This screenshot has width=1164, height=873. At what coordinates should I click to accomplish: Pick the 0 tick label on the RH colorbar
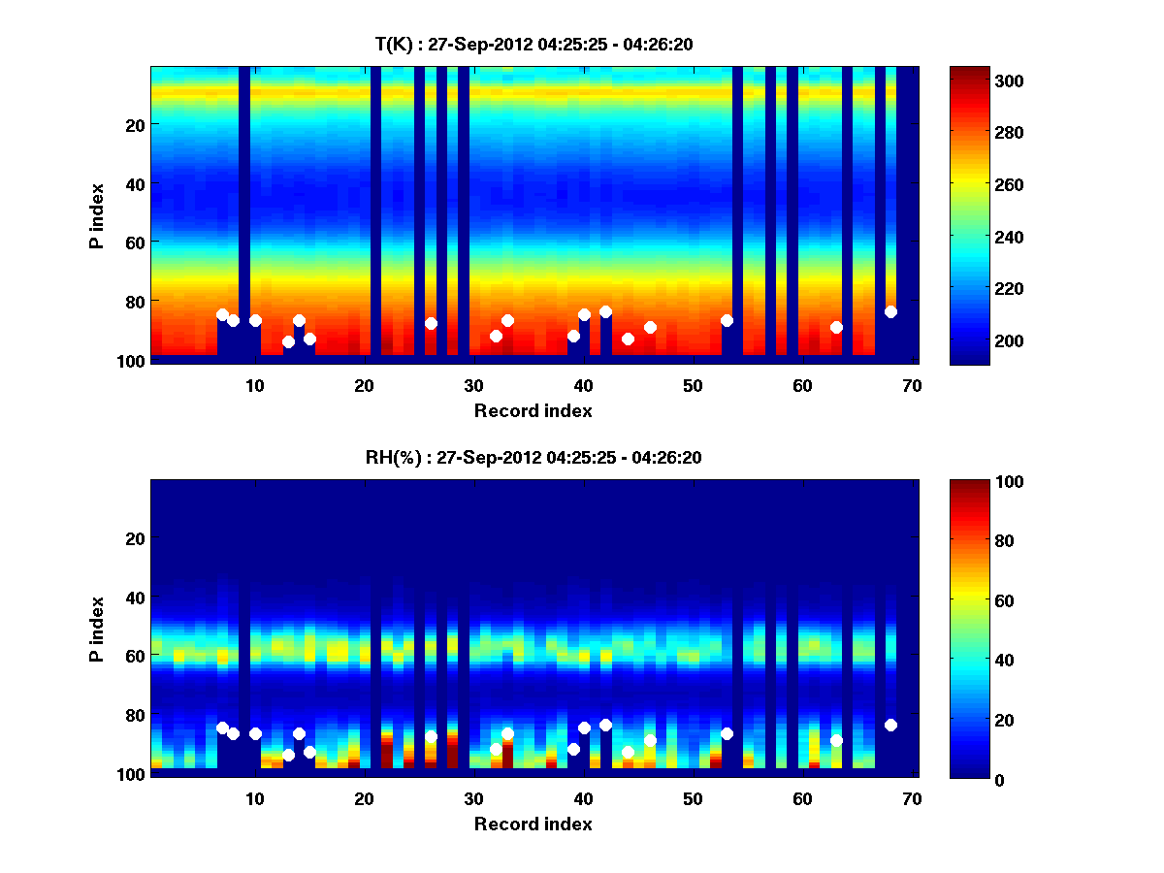[x=962, y=778]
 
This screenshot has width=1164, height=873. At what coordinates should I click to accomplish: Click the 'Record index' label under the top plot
[x=533, y=410]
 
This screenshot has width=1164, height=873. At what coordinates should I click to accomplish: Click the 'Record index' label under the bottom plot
[x=533, y=824]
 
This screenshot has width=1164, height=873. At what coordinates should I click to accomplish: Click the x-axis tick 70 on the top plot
[x=912, y=385]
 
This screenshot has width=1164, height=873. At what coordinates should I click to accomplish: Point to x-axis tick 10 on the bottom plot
[x=255, y=798]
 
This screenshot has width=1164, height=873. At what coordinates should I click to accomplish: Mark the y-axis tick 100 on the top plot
[x=133, y=361]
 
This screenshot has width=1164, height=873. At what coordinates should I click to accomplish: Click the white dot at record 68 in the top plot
[x=890, y=311]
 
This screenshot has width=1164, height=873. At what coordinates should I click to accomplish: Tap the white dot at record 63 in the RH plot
[x=836, y=740]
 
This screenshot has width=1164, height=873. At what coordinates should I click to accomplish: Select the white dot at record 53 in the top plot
[x=727, y=320]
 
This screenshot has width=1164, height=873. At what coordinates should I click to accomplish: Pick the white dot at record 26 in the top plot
[x=431, y=323]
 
